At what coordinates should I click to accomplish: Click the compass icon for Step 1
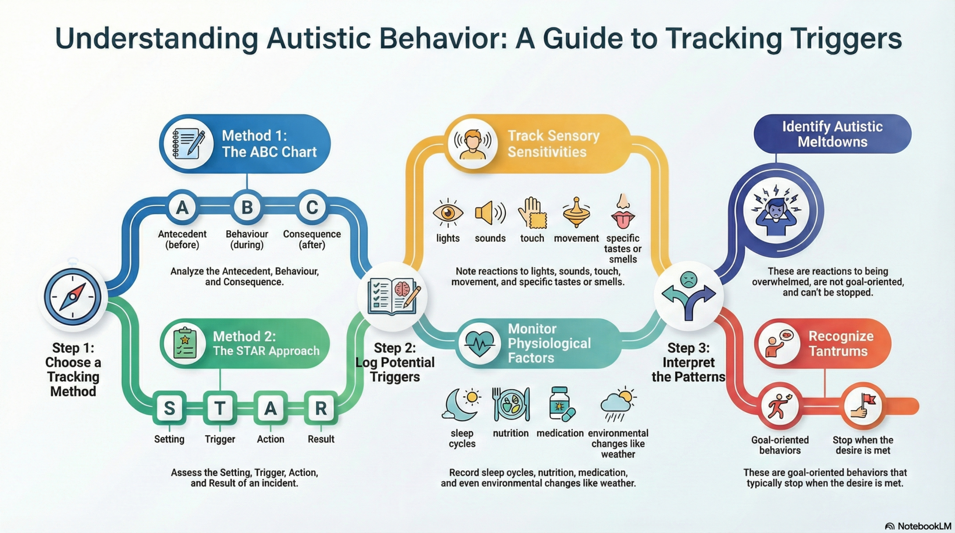(73, 297)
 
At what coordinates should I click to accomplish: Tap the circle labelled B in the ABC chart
(247, 207)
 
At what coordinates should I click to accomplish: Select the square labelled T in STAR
(220, 408)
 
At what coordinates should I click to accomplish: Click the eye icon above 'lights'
(448, 213)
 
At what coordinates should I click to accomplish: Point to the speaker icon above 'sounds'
(490, 213)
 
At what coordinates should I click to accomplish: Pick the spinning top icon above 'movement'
(576, 212)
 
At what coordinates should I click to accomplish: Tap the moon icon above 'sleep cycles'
(461, 403)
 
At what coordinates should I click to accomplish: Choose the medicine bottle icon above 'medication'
(561, 404)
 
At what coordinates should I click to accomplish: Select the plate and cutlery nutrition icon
(511, 404)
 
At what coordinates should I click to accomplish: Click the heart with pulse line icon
(479, 344)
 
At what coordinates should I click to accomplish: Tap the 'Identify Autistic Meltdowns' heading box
(832, 134)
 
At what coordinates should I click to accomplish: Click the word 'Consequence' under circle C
(311, 234)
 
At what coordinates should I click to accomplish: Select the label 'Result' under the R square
(321, 439)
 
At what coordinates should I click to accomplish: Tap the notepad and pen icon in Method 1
(189, 144)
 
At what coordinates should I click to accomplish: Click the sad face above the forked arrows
(688, 279)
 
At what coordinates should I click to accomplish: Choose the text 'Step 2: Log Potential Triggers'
(395, 362)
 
